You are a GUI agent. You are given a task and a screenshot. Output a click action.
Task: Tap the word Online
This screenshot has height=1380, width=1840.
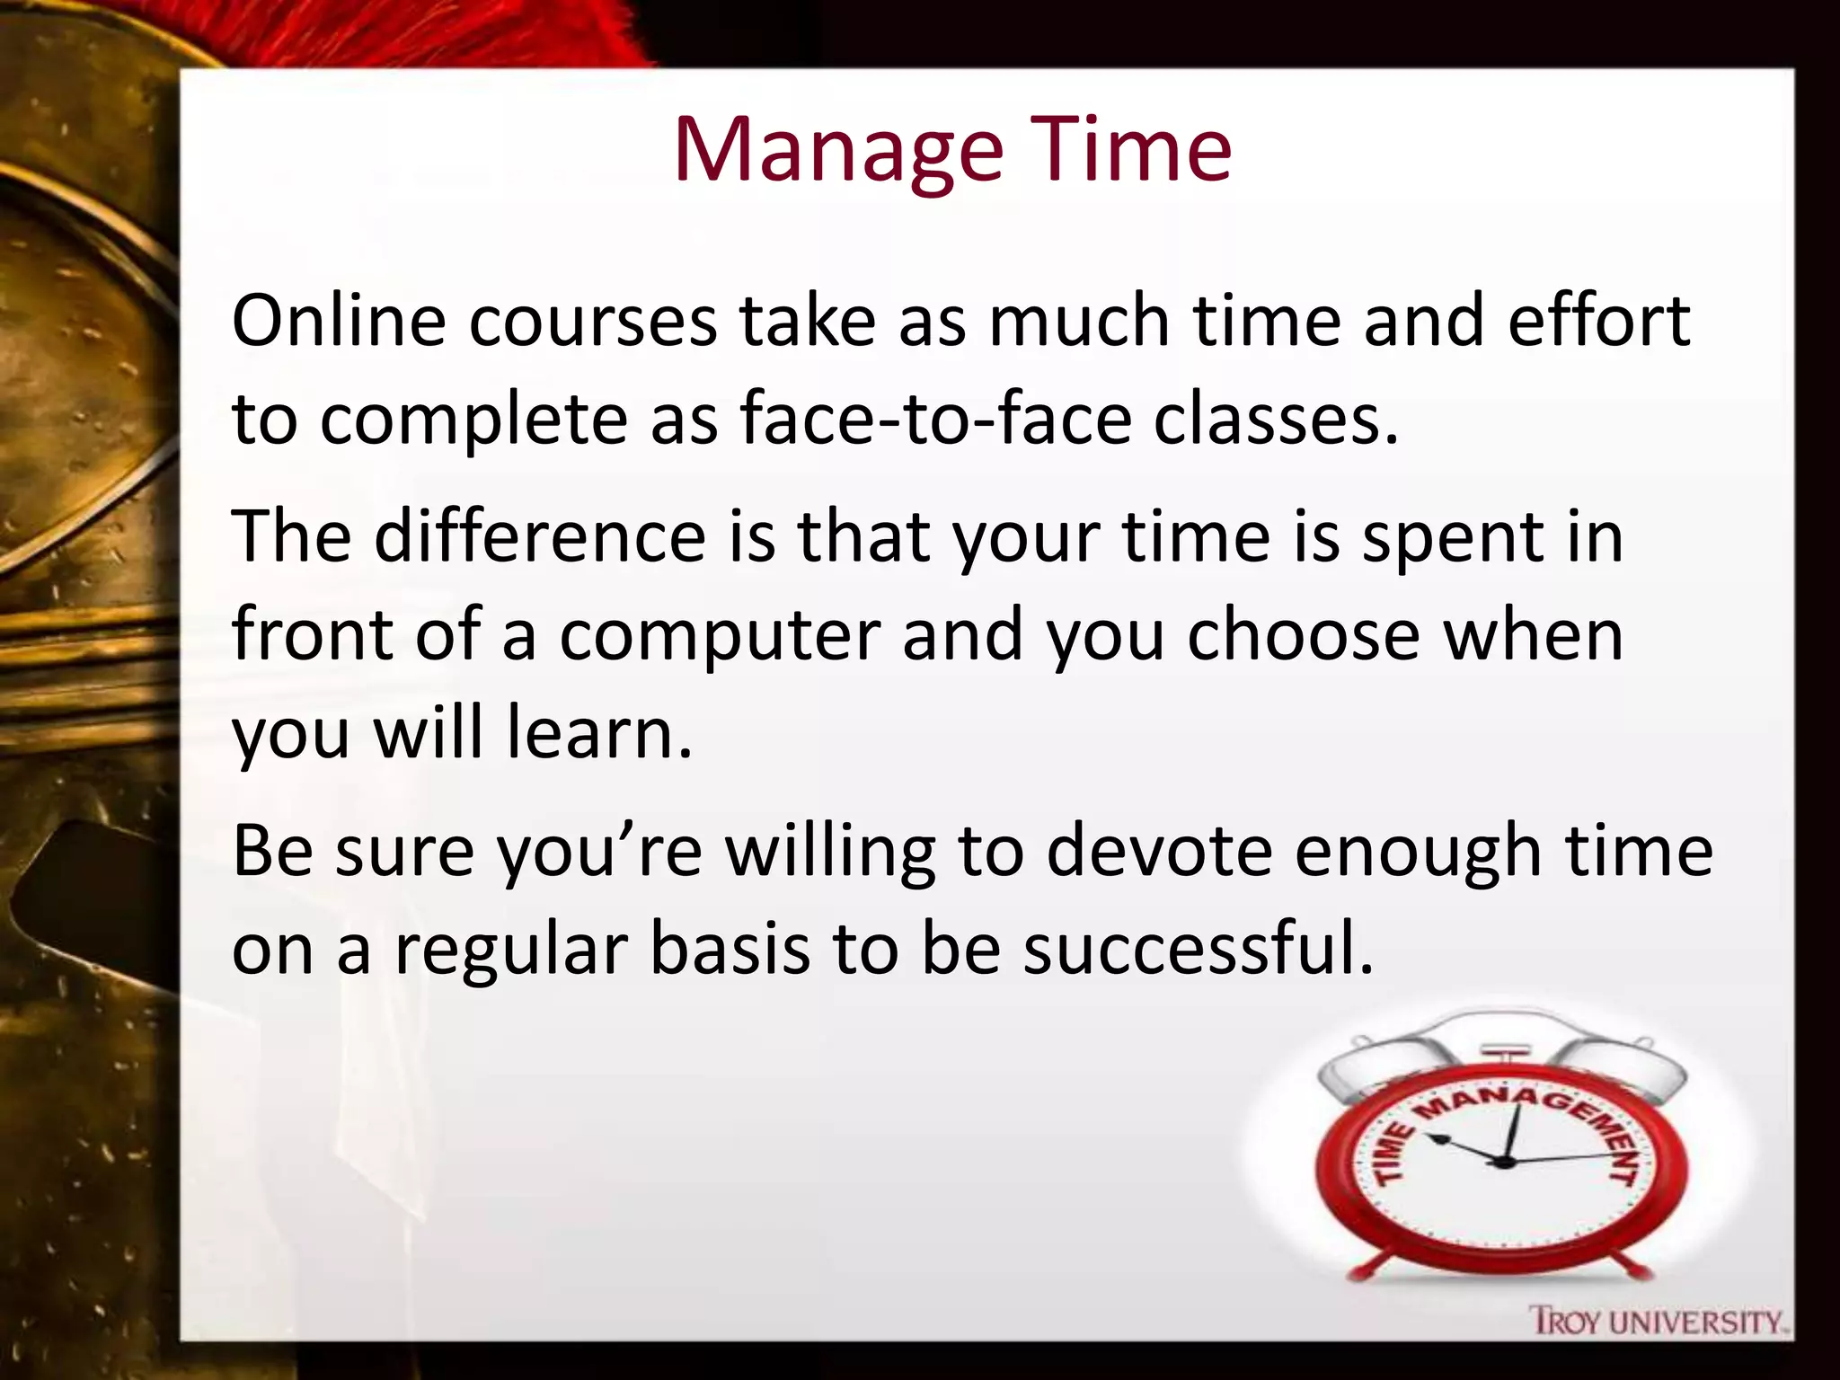point(339,320)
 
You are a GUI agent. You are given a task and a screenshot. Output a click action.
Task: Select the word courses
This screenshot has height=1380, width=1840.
point(593,320)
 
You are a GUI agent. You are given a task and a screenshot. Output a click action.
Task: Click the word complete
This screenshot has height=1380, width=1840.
point(473,420)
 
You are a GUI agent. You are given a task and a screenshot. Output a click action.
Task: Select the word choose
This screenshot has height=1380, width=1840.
point(1303,634)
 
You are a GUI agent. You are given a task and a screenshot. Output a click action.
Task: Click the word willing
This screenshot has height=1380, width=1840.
point(830,852)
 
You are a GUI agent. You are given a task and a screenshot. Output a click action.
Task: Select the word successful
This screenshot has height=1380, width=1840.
point(1199,949)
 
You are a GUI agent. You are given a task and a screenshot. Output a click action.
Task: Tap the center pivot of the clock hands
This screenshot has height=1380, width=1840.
point(1501,1162)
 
